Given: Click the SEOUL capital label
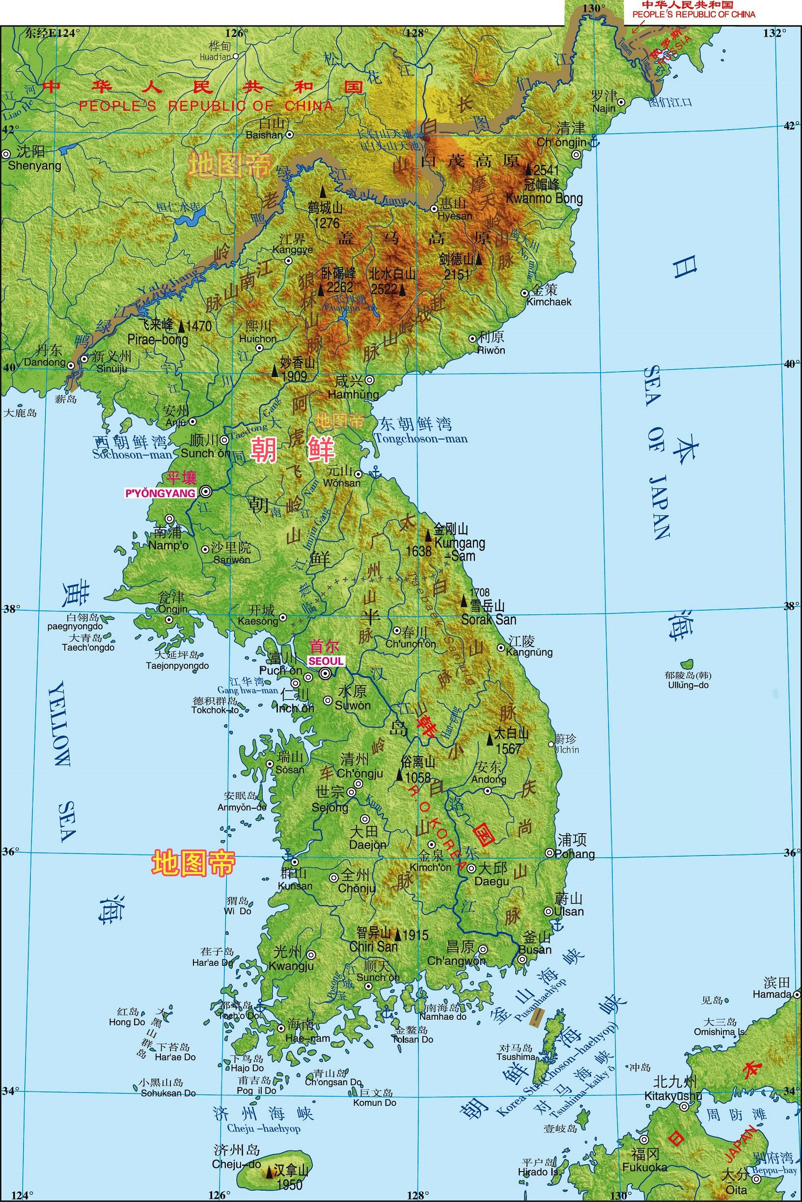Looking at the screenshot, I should (326, 660).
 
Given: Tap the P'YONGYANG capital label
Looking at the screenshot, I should (161, 493).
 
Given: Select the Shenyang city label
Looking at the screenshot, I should (34, 165).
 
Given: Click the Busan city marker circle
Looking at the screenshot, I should (522, 959).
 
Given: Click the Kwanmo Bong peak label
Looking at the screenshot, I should (544, 198).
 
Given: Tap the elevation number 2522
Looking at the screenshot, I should (384, 289).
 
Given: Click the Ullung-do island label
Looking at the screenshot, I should (688, 684).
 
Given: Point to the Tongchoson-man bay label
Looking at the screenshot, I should (420, 438).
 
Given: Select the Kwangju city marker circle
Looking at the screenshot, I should (311, 955).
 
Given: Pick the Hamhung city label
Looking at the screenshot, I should (353, 394).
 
